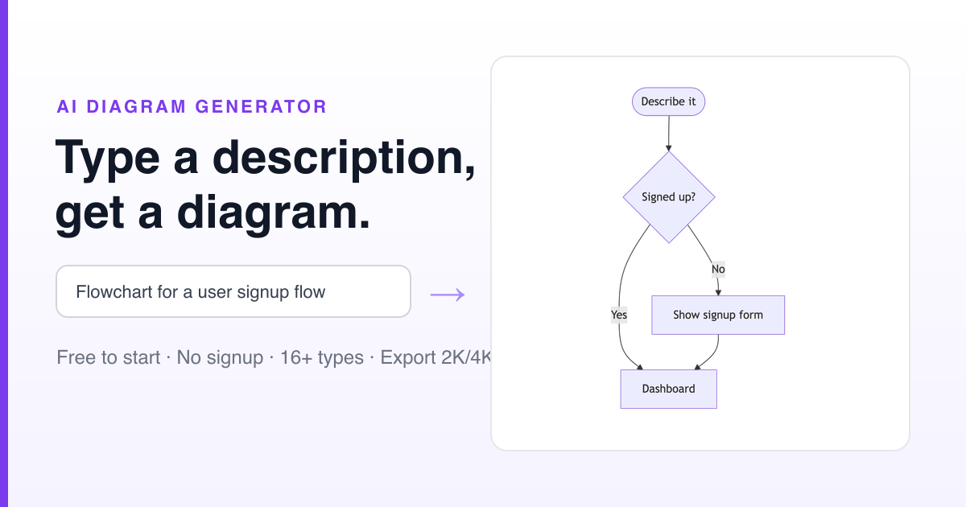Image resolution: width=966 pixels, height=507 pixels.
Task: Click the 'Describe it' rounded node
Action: (668, 101)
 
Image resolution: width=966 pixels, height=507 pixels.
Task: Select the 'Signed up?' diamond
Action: (669, 197)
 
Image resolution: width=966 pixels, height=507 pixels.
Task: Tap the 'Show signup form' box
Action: (718, 315)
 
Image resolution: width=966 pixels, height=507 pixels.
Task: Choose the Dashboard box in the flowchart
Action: (668, 389)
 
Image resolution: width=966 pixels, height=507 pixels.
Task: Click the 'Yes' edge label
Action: (619, 315)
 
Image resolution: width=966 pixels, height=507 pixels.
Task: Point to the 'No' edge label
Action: (718, 269)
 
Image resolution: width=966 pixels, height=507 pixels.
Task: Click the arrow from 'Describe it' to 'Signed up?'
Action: (669, 134)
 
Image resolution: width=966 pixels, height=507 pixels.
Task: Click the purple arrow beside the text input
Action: (448, 295)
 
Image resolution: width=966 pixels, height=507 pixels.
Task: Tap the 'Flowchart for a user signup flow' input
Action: (233, 291)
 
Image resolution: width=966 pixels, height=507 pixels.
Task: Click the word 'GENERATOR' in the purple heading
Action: (261, 107)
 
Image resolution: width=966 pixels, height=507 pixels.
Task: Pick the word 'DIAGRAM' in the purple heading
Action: (136, 107)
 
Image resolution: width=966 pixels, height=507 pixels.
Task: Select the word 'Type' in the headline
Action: (107, 159)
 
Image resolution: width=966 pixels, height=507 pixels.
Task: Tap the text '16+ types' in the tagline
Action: (322, 357)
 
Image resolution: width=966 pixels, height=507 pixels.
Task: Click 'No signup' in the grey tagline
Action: (220, 357)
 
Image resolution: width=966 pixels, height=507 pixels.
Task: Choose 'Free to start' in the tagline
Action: (108, 357)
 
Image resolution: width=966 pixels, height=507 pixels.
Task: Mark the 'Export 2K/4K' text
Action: (436, 357)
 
